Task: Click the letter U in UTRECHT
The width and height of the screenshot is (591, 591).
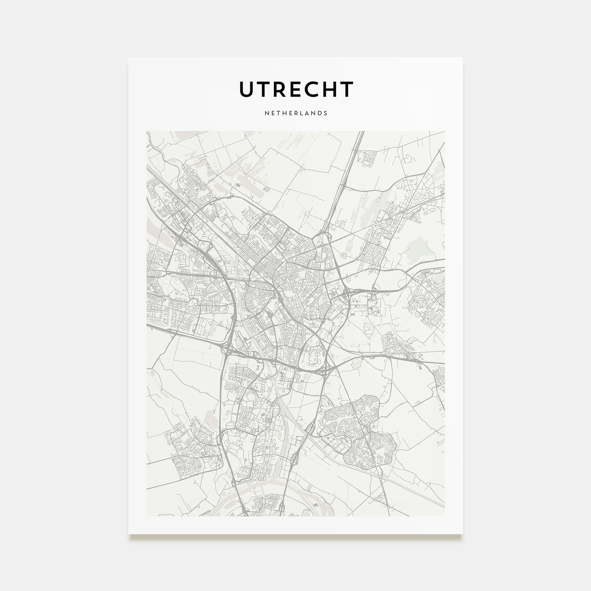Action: (247, 89)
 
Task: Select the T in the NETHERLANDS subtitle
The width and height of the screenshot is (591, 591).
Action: (277, 114)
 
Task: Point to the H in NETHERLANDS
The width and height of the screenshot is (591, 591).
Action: (284, 114)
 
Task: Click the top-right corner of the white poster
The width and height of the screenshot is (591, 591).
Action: (463, 57)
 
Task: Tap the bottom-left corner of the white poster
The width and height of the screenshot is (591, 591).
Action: (129, 534)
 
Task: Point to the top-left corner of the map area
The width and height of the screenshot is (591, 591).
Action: (147, 131)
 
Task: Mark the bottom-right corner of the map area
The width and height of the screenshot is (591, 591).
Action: (445, 516)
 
